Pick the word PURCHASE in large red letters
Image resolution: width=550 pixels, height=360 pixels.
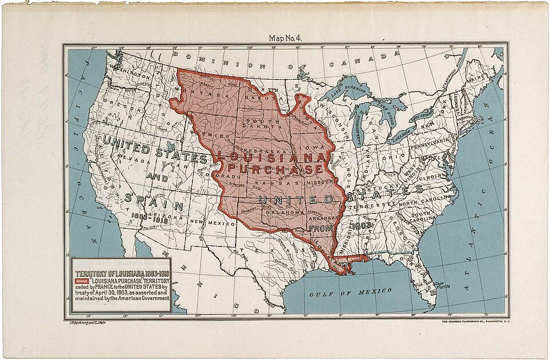click(x=275, y=170)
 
